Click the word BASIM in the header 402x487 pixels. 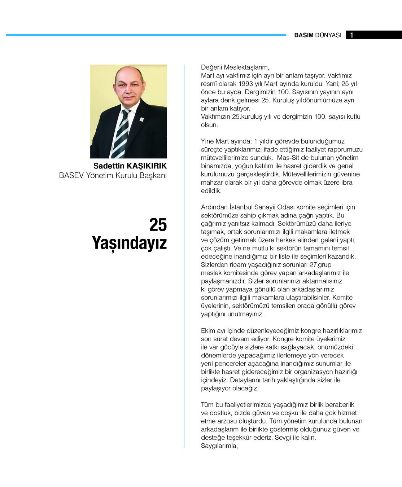click(303, 35)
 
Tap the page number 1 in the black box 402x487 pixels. click(351, 35)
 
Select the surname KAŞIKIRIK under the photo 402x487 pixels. click(147, 166)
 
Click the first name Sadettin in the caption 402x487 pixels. click(109, 166)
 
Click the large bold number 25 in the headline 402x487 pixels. click(158, 225)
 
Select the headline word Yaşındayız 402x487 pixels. click(130, 243)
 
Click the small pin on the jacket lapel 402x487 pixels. click(141, 119)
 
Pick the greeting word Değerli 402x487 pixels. click(211, 67)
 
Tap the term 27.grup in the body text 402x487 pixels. click(320, 265)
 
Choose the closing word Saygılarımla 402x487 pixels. click(219, 446)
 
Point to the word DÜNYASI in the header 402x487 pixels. click(328, 35)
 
